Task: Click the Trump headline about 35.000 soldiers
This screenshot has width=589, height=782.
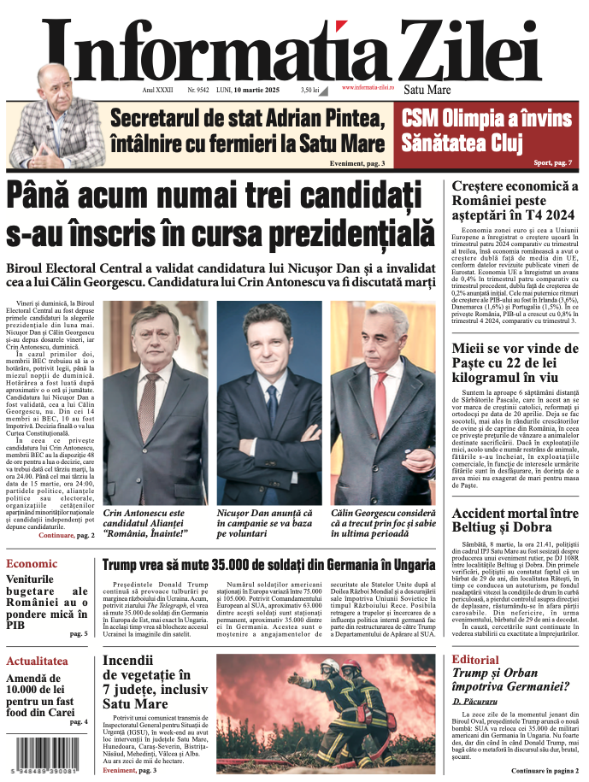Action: pyautogui.click(x=269, y=565)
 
